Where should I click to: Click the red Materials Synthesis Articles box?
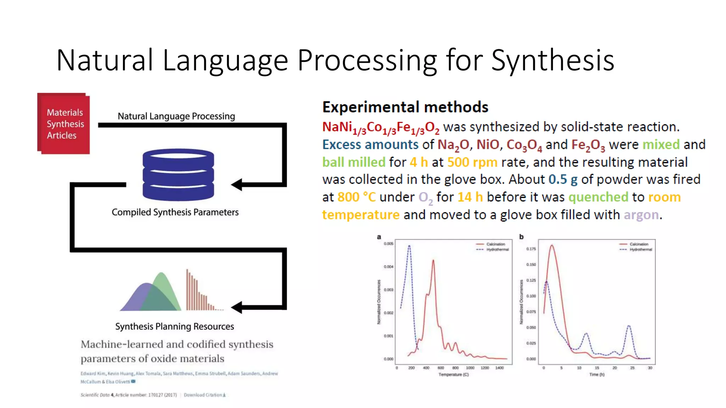[64, 124]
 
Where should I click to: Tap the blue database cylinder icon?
[178, 175]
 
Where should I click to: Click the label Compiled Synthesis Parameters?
[175, 212]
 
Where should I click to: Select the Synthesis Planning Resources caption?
[174, 326]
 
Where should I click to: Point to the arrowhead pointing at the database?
[237, 185]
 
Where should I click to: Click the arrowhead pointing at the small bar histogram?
[237, 307]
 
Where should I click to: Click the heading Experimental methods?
[405, 107]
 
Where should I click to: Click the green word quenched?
[598, 197]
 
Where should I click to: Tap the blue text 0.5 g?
[563, 180]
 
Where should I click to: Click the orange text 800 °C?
[356, 197]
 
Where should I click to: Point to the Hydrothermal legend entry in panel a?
[497, 250]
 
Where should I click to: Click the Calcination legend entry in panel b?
[638, 244]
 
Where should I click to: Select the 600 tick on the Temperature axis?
[441, 368]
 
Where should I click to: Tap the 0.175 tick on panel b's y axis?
[531, 249]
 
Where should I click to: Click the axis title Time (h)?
[597, 374]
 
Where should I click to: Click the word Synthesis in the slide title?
[553, 60]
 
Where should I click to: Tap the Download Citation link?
[205, 395]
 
